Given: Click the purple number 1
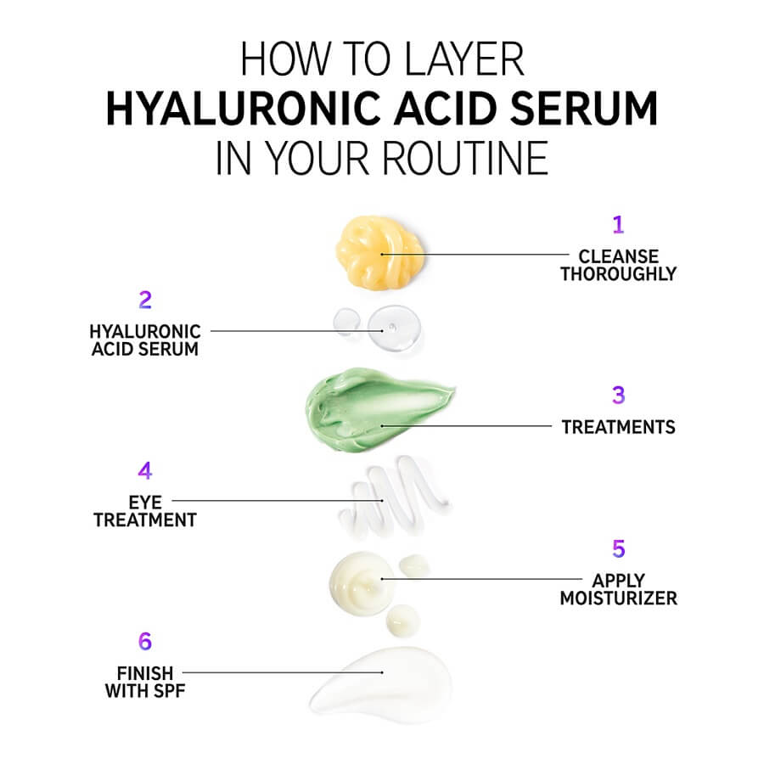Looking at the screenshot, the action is [x=618, y=225].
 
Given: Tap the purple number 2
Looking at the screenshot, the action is [x=145, y=301].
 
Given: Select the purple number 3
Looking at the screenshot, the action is [x=618, y=395].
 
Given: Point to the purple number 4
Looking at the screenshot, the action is [x=145, y=470].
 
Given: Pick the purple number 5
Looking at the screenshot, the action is [x=618, y=548].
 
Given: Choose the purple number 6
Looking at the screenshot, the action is [x=145, y=641].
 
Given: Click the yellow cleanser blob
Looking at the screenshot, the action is [x=379, y=252].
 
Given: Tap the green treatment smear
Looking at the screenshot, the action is [x=378, y=410].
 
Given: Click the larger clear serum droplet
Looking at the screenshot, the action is [x=394, y=328].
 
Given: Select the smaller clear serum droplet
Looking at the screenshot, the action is [x=347, y=322].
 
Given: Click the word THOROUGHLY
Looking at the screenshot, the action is [x=618, y=274].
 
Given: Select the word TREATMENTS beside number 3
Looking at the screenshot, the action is [x=618, y=427].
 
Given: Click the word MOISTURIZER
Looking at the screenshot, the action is [x=618, y=598].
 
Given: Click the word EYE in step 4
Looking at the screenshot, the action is [x=145, y=503].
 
